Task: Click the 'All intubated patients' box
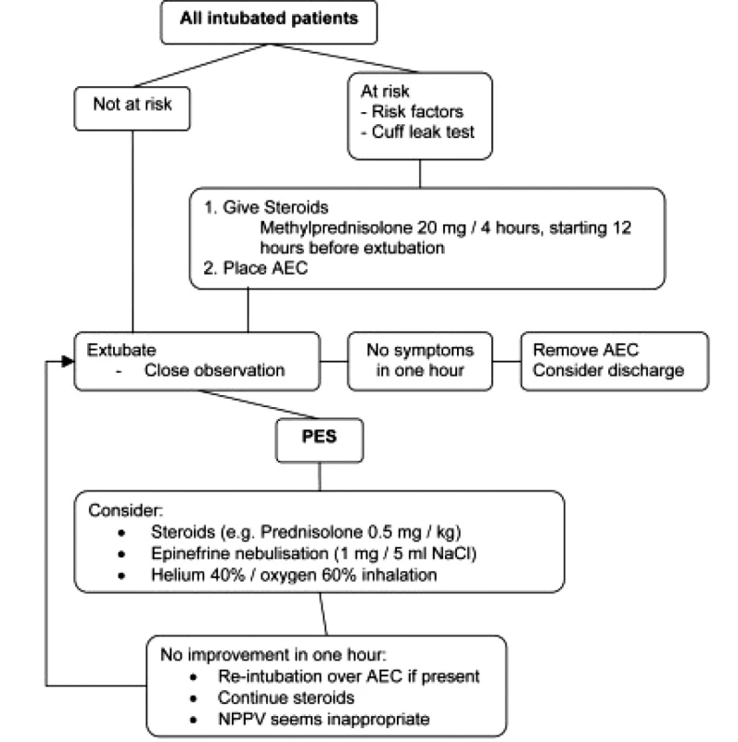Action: (x=269, y=22)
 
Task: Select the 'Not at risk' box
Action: (x=133, y=109)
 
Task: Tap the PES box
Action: (x=319, y=440)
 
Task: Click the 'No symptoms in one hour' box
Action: (x=420, y=362)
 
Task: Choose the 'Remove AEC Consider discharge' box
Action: (x=615, y=362)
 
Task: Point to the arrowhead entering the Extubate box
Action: (x=68, y=362)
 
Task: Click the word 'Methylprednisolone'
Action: (x=336, y=227)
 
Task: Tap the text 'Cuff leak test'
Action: (x=423, y=132)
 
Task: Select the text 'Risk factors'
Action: (x=417, y=111)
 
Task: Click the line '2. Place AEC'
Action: (x=256, y=268)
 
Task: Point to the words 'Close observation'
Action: (x=214, y=370)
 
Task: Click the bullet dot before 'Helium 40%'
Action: (x=121, y=576)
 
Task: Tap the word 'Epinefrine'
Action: (x=191, y=554)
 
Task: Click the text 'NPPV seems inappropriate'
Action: (x=324, y=720)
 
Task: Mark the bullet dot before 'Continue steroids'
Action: (x=193, y=699)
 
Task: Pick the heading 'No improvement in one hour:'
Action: (x=274, y=655)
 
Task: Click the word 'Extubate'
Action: (x=121, y=351)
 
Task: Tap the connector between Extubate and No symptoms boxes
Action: (x=334, y=362)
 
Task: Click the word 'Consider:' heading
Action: (x=125, y=511)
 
